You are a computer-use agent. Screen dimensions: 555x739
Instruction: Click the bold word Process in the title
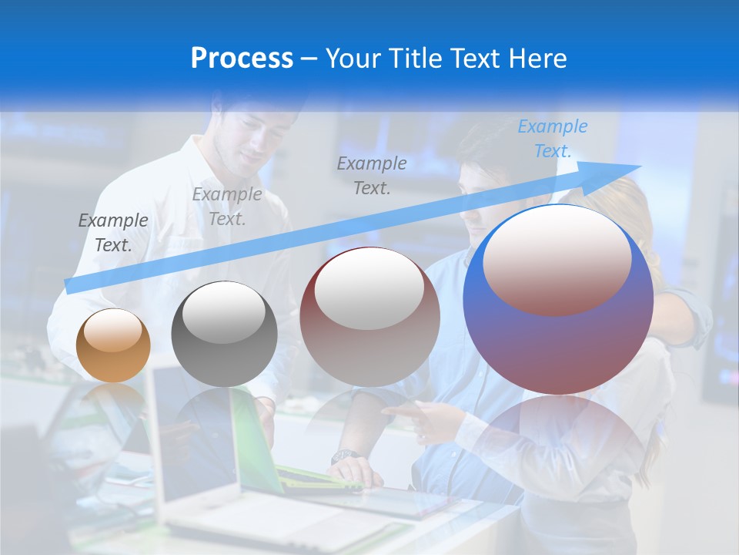tap(242, 59)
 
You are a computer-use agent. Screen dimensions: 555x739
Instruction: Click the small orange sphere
tap(114, 345)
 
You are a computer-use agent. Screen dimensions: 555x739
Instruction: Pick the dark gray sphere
tap(224, 335)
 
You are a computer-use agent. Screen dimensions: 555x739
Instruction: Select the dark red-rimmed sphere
tap(369, 316)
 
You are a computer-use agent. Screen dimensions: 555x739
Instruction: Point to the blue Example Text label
tap(553, 139)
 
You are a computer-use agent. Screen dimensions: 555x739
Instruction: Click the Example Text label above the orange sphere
tap(113, 232)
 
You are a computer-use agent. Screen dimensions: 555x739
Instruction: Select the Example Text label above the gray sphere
tap(227, 206)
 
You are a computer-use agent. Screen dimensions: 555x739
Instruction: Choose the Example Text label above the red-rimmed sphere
tap(372, 175)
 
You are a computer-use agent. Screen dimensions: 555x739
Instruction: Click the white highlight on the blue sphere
tap(557, 258)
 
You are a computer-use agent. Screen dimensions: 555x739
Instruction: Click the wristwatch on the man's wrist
tap(343, 456)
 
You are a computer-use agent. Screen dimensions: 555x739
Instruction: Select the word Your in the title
tap(352, 59)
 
